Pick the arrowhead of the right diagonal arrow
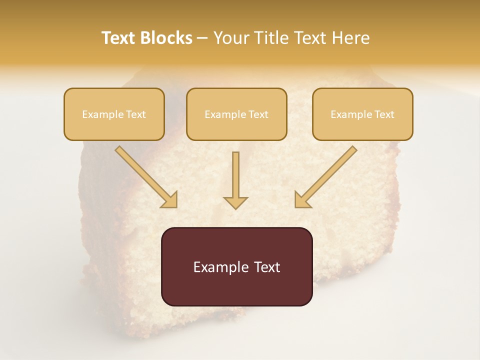(302, 200)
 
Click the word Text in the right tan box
(384, 114)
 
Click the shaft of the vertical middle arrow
(235, 172)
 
